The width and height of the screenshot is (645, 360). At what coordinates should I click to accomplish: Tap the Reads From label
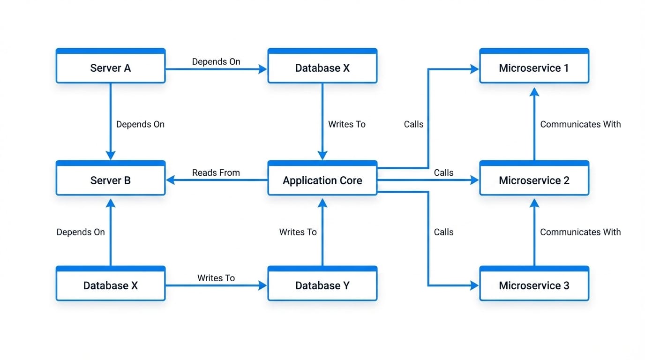click(216, 172)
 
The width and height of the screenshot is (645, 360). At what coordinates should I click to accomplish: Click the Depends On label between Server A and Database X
click(216, 61)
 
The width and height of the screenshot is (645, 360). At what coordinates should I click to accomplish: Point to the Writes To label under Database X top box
click(347, 124)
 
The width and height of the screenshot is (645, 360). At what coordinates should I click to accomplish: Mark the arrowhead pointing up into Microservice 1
click(534, 92)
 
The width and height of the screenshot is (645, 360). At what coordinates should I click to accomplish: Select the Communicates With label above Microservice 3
click(580, 232)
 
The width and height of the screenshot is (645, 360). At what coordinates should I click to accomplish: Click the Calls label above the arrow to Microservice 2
click(443, 172)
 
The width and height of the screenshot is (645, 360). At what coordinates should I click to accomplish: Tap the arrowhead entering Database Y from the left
click(262, 285)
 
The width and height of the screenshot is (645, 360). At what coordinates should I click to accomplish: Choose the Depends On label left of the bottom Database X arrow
click(81, 232)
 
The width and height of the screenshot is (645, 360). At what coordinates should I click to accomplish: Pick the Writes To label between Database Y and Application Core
click(298, 232)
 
